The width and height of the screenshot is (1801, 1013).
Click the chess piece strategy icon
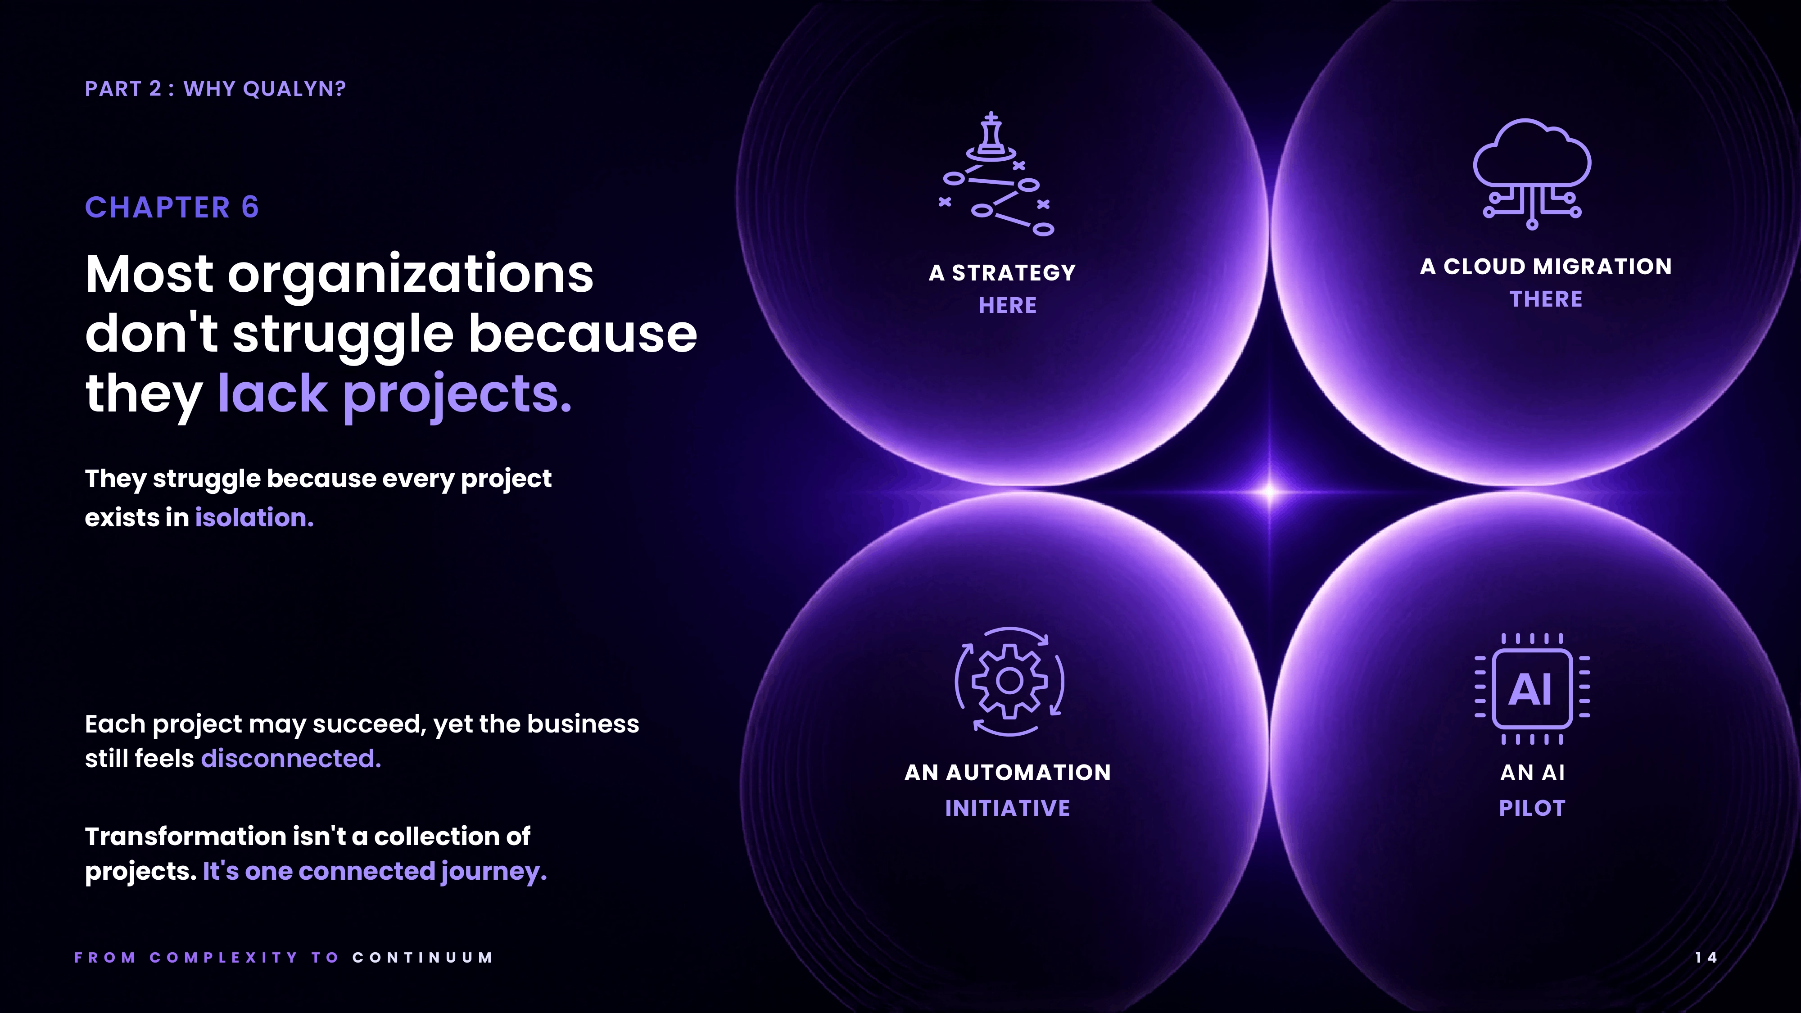click(x=997, y=174)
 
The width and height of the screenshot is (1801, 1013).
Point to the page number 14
click(x=1706, y=958)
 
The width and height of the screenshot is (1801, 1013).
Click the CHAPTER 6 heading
click(x=172, y=208)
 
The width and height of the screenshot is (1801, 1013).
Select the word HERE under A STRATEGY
click(x=1008, y=306)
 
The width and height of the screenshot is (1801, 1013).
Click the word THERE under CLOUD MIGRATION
click(x=1546, y=299)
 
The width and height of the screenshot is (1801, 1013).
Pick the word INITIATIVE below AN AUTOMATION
click(x=1008, y=808)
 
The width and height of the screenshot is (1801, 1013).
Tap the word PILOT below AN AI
click(x=1532, y=808)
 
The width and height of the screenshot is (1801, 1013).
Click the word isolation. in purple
click(x=254, y=518)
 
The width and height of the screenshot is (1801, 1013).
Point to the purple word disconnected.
click(x=291, y=759)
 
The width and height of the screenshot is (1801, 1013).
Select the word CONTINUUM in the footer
click(x=423, y=958)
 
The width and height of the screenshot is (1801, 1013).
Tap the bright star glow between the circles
click(x=1270, y=492)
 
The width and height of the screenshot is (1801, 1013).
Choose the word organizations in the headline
click(x=410, y=274)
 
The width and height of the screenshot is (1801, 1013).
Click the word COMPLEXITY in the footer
click(x=224, y=958)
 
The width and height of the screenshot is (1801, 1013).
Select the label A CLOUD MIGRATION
click(x=1546, y=267)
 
